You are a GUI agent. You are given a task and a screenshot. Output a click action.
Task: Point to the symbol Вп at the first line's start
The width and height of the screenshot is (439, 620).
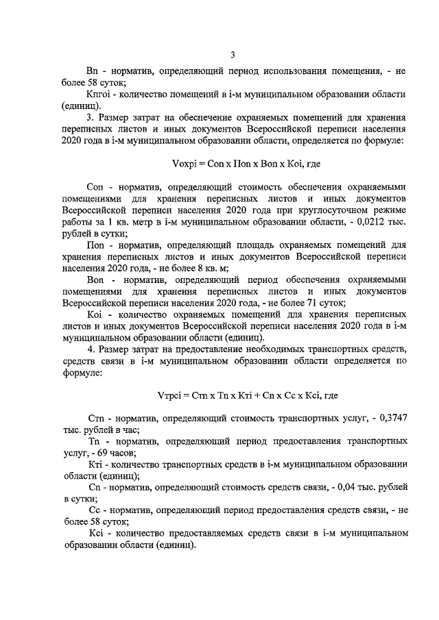(x=93, y=71)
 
